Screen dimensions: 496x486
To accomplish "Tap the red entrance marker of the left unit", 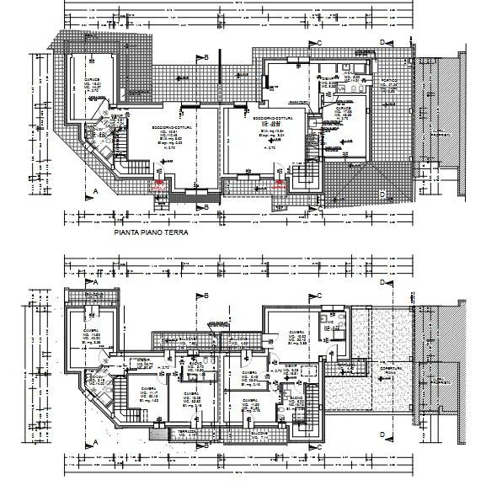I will (x=158, y=184).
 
